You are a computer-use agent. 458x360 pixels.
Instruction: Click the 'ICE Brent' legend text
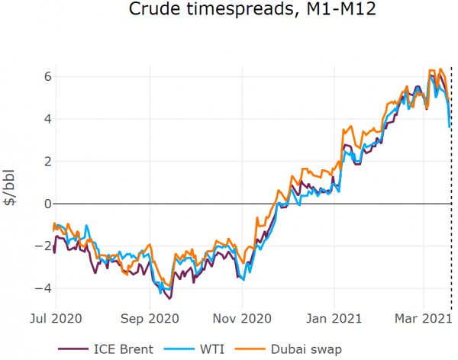point(124,349)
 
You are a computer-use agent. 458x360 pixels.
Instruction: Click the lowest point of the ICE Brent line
point(169,298)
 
